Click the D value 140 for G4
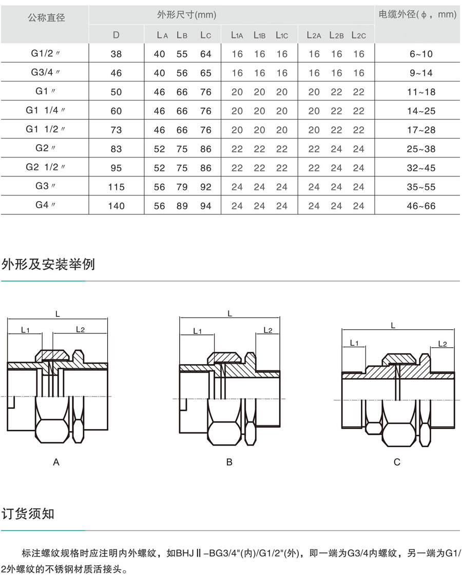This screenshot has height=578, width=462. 117,206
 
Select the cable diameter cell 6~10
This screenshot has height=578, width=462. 421,54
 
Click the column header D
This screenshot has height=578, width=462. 117,35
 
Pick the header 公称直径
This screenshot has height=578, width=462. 46,18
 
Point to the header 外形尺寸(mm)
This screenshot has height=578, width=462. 187,15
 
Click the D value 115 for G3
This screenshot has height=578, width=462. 117,187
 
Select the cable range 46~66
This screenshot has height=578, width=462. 421,206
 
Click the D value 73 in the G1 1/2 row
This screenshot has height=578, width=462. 117,130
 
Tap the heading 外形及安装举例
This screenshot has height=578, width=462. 48,265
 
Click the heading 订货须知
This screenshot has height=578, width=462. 28,513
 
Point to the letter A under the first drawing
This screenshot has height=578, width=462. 56,462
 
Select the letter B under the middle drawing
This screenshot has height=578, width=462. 229,462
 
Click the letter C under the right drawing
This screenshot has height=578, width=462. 397,462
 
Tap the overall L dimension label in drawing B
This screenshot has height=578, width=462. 229,313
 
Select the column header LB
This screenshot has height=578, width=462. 182,35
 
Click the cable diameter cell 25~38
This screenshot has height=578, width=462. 421,149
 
